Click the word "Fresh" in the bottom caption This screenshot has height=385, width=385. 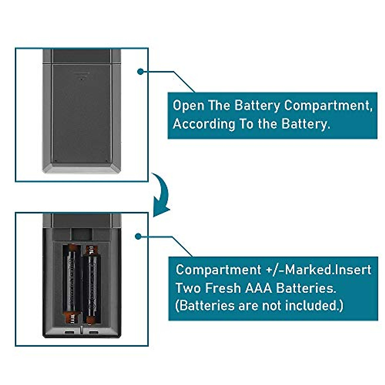point(223,288)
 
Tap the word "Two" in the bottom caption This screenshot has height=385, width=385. point(187,288)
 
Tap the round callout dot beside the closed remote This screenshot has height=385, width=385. point(140,72)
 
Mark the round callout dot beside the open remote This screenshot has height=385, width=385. point(138,236)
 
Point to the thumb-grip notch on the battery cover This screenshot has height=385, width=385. point(81,76)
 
